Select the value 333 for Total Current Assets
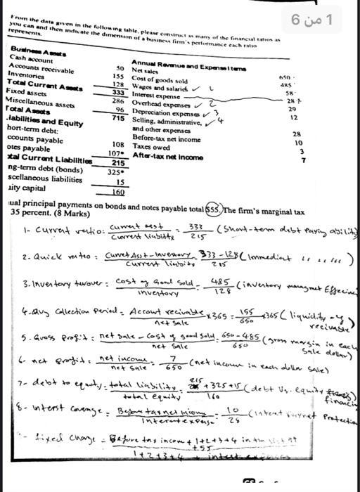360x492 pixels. (x=118, y=92)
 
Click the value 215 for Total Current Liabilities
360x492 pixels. (x=117, y=162)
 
